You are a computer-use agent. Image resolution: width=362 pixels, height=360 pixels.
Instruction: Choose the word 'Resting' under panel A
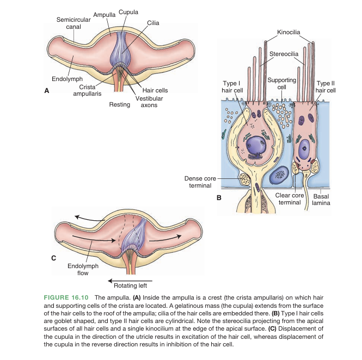[x=120, y=104]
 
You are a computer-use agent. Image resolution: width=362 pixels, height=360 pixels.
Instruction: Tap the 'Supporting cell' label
[x=282, y=83]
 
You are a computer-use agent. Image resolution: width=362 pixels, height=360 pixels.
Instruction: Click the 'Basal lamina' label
[x=321, y=200]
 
